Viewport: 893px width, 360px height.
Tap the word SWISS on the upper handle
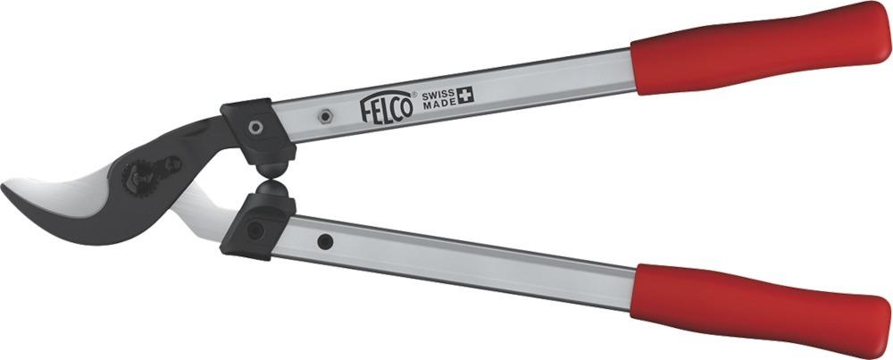point(438,94)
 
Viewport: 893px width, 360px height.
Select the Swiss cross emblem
point(467,94)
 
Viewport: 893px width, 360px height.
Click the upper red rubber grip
point(759,45)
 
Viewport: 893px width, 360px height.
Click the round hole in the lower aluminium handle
point(326,241)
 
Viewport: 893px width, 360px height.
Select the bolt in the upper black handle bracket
point(255,127)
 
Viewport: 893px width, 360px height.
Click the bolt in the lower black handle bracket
point(255,230)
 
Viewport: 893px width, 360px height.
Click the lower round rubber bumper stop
point(271,192)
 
